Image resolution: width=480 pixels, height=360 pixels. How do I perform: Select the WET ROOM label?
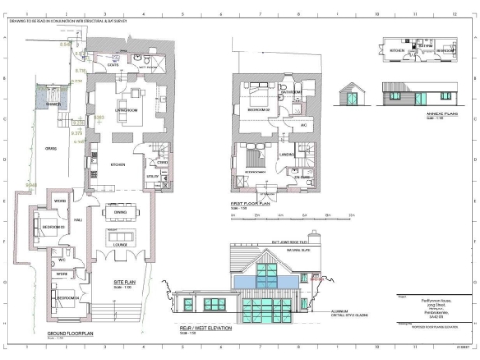pos(148,68)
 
